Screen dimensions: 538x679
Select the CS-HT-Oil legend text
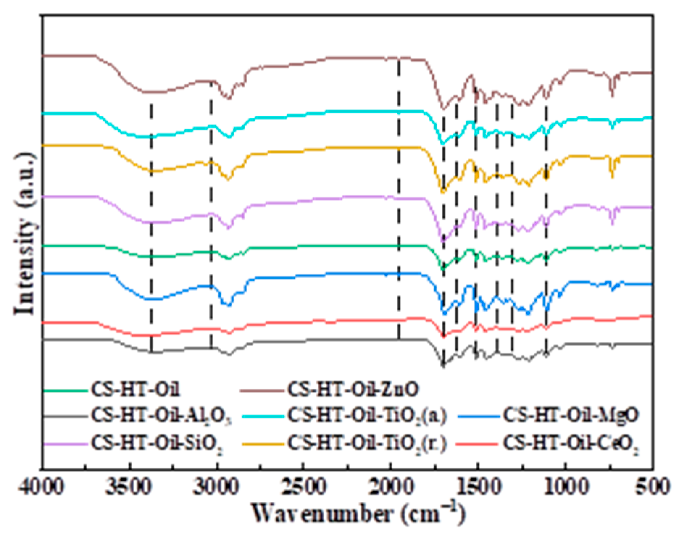pos(136,390)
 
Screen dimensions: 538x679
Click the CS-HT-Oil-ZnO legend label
pos(353,390)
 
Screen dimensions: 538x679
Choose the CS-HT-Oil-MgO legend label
pos(570,416)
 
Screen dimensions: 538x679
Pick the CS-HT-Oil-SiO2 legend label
pos(157,443)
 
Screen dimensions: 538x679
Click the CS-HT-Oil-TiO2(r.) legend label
pos(367,443)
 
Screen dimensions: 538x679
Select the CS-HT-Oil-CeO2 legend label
pos(570,443)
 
